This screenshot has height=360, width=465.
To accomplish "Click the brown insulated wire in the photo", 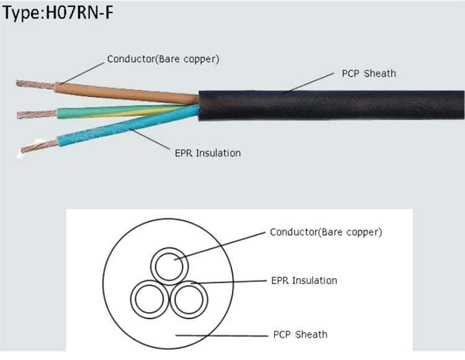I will pyautogui.click(x=124, y=90).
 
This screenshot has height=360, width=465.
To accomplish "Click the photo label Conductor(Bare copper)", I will pyautogui.click(x=163, y=59).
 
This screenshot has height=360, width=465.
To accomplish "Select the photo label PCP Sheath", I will pyautogui.click(x=368, y=74).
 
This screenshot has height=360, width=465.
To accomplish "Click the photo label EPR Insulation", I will pyautogui.click(x=207, y=153).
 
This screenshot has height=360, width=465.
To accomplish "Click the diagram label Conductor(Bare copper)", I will pyautogui.click(x=326, y=233).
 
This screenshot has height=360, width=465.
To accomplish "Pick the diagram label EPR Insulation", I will pyautogui.click(x=304, y=281).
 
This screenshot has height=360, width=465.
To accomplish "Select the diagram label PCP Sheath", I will pyautogui.click(x=300, y=335).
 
